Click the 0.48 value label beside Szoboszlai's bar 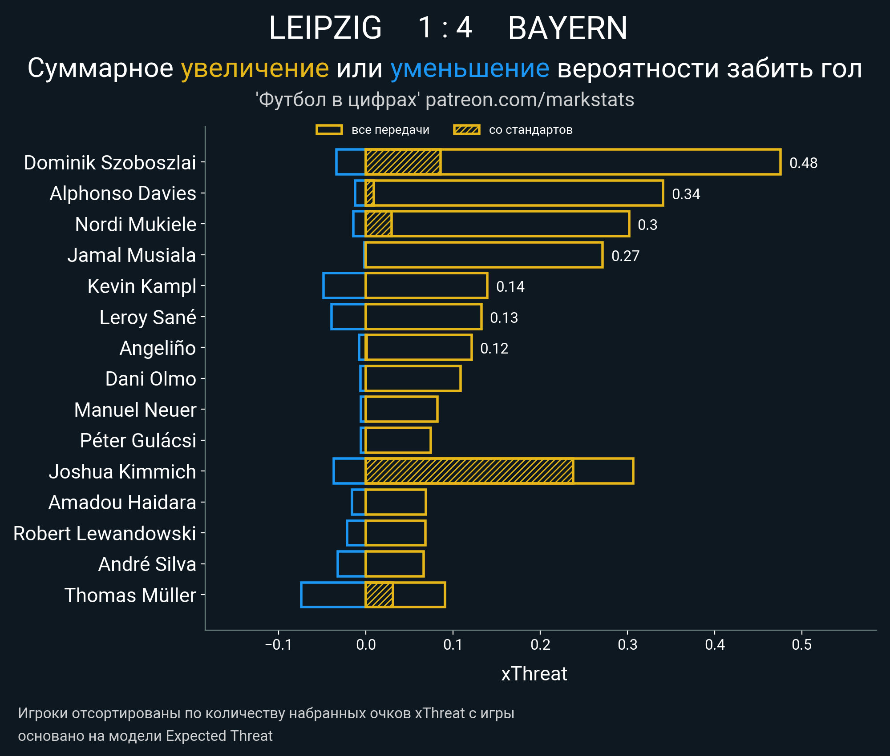coord(803,163)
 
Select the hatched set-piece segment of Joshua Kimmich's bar coord(469,471)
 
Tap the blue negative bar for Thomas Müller coord(333,595)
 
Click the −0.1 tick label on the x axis coord(279,644)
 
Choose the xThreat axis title coord(534,674)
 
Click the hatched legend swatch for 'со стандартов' coord(466,130)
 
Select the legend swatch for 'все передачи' coord(329,130)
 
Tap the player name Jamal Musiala coord(132,255)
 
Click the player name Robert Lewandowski coord(105,533)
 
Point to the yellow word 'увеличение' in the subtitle coord(255,68)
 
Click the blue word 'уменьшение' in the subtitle coord(469,68)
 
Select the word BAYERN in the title coord(567,28)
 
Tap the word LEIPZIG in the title coord(325,28)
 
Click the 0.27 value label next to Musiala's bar coord(625,256)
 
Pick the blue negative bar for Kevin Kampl coord(344,286)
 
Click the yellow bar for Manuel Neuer coord(401,409)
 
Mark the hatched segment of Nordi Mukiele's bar coord(379,224)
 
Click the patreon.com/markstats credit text coord(530,100)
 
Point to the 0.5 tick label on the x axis coord(802,644)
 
